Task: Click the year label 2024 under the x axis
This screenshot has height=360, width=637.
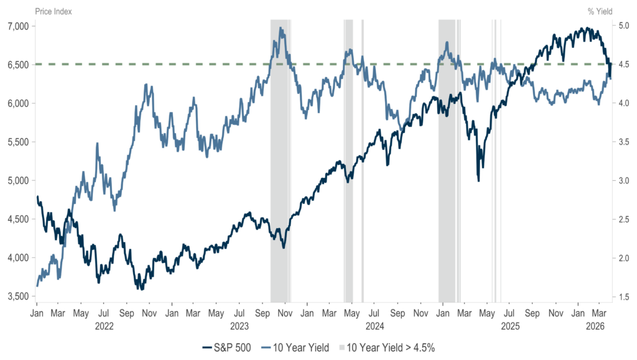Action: pos(374,325)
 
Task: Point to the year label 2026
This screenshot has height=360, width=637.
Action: pos(597,325)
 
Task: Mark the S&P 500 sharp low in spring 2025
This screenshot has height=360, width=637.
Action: pos(478,180)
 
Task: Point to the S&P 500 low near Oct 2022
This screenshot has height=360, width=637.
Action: pos(141,289)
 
